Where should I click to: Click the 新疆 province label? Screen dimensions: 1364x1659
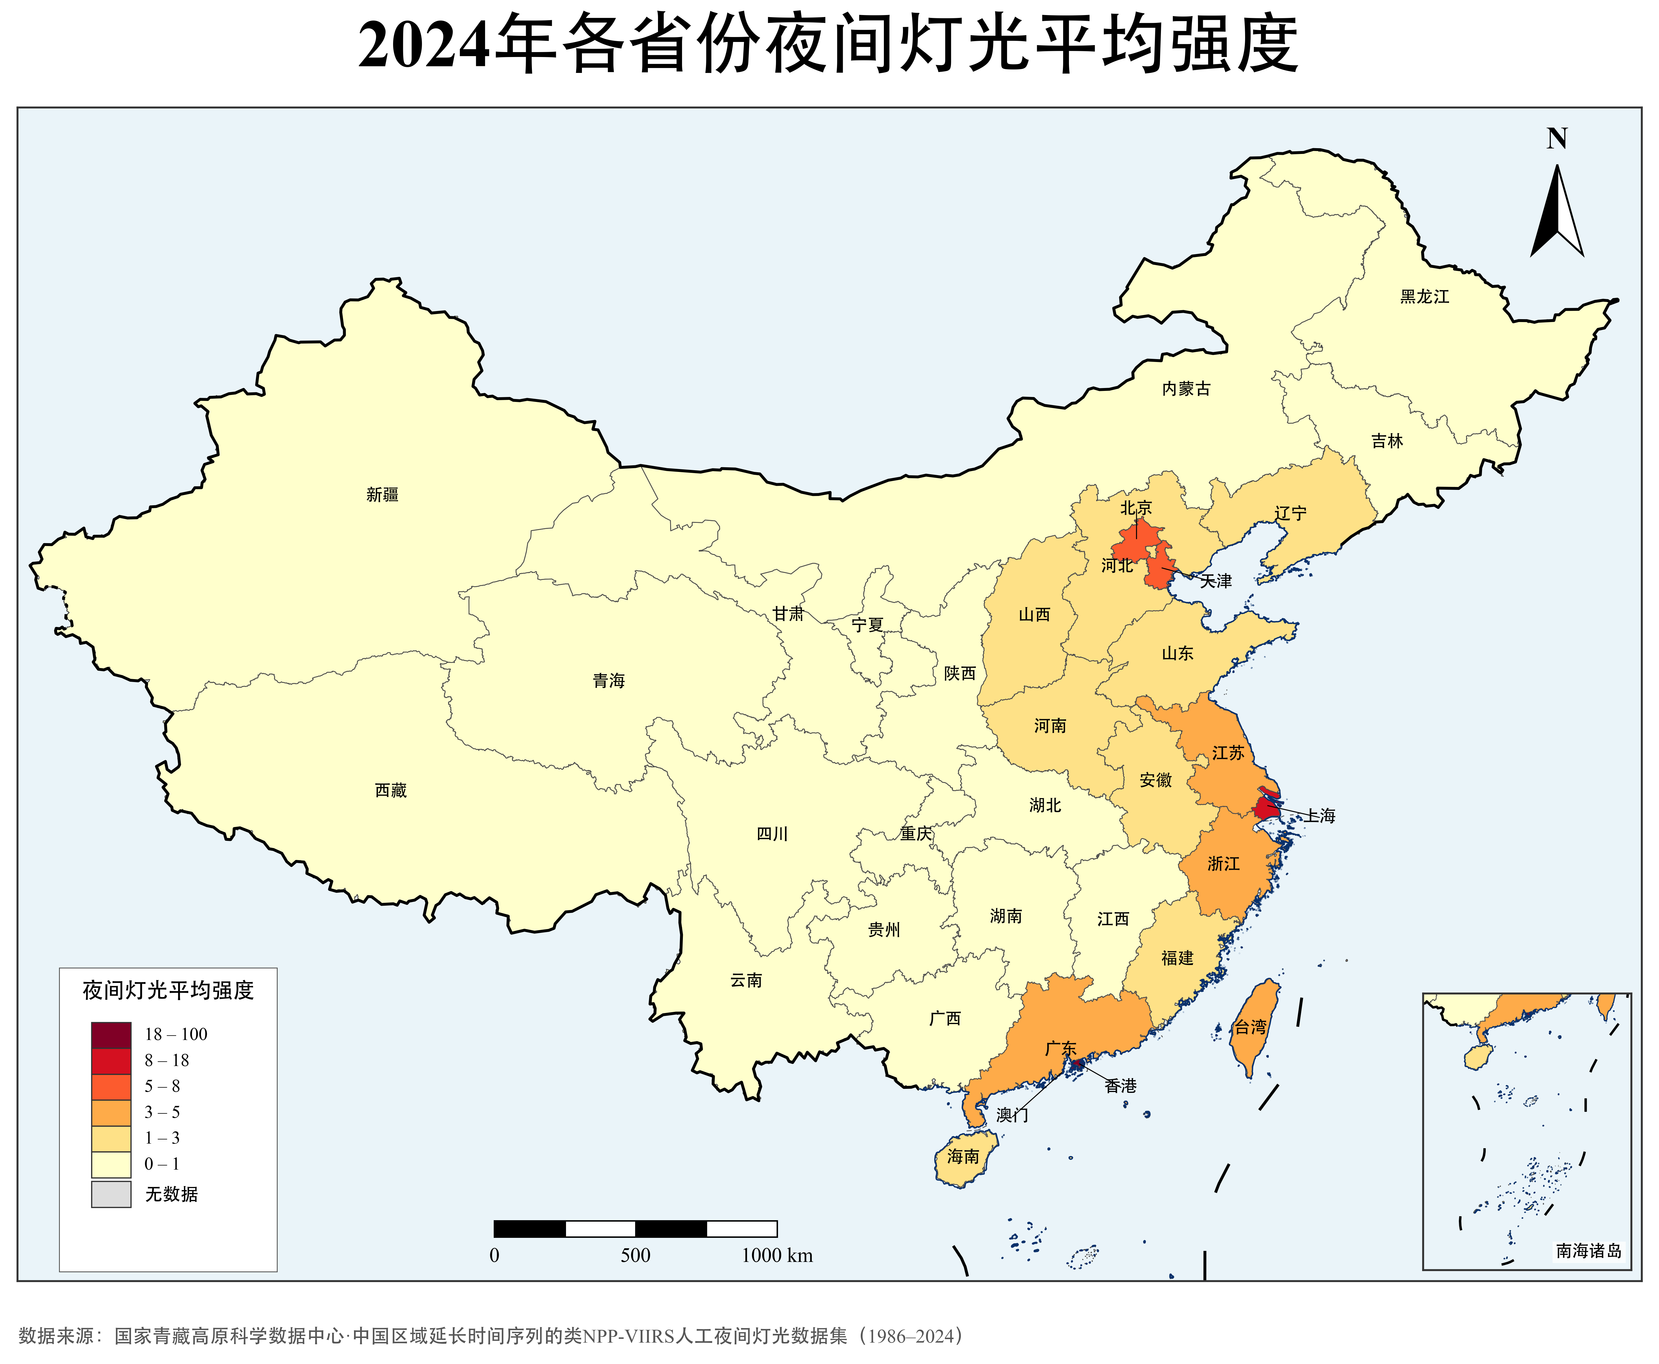point(383,494)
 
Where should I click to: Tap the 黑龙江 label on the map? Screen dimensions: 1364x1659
point(1424,296)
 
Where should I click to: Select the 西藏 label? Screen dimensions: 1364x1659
point(390,791)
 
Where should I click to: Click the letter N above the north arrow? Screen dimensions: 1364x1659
point(1557,139)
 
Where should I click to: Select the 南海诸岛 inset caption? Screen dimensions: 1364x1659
point(1588,1251)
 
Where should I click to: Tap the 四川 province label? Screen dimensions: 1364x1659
point(771,834)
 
